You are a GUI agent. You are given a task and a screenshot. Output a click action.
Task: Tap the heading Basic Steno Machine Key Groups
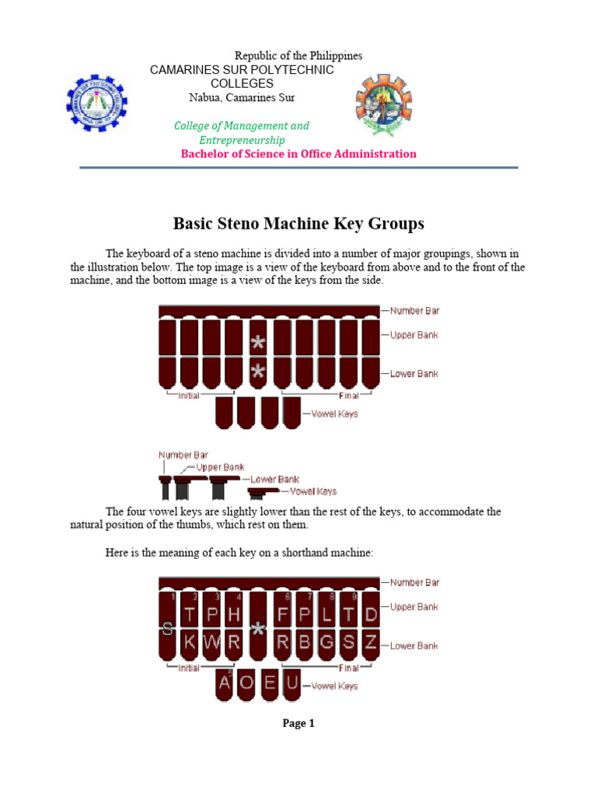point(298,224)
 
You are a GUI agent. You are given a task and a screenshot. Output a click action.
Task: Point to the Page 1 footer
point(298,723)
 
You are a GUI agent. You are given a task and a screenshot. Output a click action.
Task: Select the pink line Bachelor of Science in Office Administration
point(298,153)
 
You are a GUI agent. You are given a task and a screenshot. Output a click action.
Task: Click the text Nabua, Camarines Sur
point(242,97)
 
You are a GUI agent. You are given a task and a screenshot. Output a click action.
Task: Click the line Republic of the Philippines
point(298,56)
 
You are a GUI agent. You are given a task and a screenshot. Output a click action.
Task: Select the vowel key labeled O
point(246,683)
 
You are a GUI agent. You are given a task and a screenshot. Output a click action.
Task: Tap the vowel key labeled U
point(292,683)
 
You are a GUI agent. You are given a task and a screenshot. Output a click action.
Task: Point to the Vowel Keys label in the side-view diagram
point(313,491)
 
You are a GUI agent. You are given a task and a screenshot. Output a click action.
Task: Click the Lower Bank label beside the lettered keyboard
point(414,646)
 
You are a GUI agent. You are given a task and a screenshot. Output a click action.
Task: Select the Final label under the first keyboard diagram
point(348,396)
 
